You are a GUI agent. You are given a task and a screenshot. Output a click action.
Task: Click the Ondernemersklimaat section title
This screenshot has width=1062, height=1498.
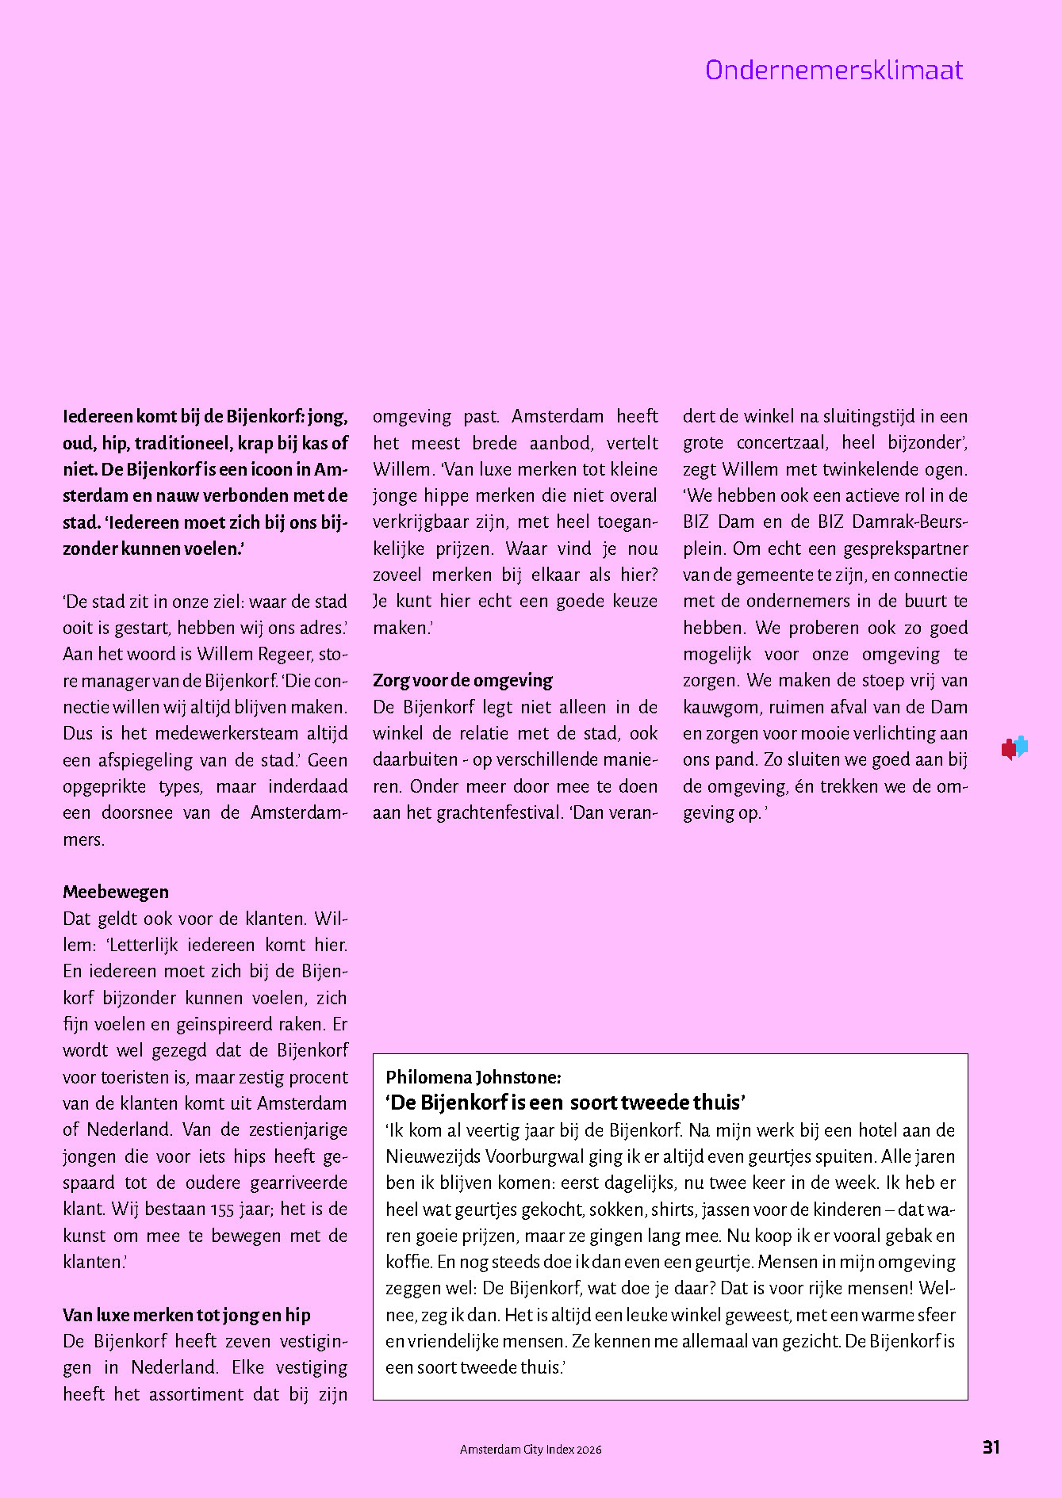coord(834,71)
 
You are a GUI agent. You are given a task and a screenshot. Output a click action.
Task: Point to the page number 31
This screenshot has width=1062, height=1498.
coord(991,1447)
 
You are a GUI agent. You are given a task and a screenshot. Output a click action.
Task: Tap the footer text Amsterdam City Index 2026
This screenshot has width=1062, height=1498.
coord(531,1450)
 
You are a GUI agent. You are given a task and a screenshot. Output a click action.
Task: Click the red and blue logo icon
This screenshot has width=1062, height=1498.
coord(1014,747)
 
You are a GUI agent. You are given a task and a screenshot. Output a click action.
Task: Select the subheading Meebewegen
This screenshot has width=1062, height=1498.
coord(116,892)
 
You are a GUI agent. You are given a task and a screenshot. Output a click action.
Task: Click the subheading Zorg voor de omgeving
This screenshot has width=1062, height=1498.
coord(462,680)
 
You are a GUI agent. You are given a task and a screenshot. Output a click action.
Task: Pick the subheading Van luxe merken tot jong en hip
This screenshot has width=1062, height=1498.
coord(186,1315)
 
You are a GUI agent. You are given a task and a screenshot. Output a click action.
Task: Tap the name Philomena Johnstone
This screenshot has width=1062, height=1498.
coord(473,1077)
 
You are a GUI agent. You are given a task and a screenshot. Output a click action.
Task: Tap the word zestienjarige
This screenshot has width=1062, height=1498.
coord(292,1129)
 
